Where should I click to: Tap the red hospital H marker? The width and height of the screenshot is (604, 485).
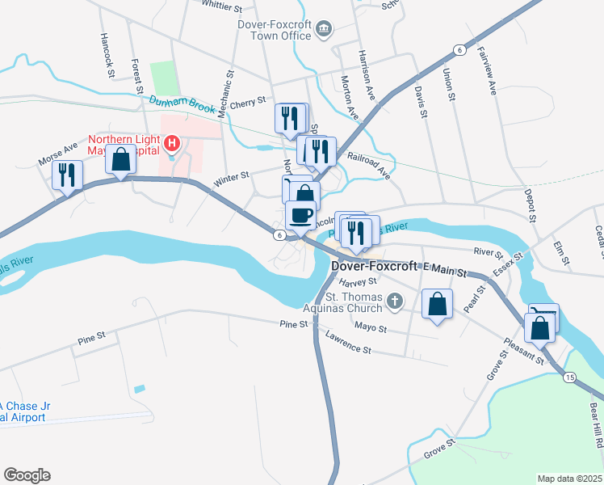click(171, 144)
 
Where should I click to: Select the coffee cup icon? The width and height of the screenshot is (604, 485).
click(301, 216)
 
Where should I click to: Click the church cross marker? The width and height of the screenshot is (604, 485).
click(394, 302)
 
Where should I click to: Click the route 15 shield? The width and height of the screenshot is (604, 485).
click(569, 377)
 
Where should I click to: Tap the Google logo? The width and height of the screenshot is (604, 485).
click(27, 475)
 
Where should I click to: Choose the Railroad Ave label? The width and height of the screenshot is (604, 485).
click(369, 165)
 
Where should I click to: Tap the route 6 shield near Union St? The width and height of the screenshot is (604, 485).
click(459, 50)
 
